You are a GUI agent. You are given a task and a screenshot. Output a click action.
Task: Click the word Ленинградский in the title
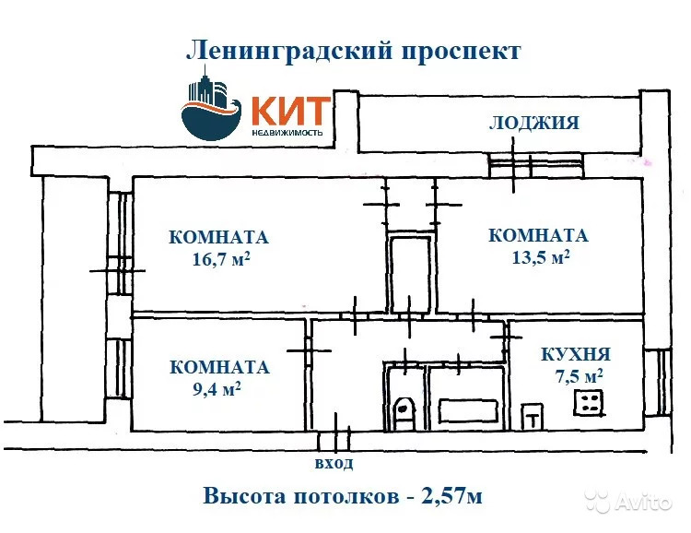coord(288,51)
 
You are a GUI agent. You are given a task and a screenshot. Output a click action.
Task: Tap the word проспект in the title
coord(460,51)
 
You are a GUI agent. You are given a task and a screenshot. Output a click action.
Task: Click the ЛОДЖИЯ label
coord(534,123)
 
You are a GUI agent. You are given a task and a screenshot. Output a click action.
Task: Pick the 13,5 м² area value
coord(540,257)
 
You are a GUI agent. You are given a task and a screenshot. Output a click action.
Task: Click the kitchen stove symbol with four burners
coord(588,400)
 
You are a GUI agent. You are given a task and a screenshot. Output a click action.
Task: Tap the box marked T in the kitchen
coord(532,418)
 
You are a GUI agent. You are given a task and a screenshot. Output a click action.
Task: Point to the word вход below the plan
coord(334,464)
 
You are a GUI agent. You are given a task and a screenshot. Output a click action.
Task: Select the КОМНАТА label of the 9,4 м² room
coord(219,367)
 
